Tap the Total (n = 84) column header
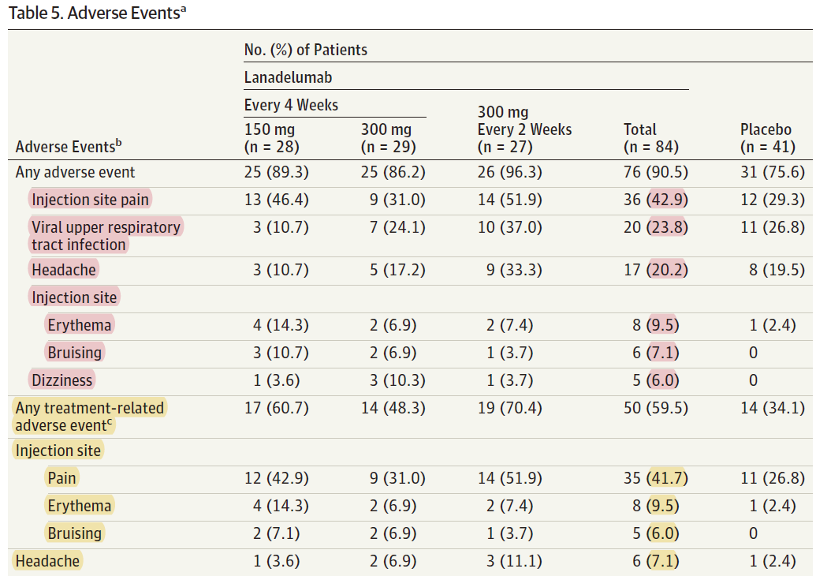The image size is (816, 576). pos(650,138)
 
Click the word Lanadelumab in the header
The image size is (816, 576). pos(288,77)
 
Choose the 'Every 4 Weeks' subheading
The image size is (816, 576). pos(291,105)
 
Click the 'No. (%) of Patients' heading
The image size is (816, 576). pos(306,50)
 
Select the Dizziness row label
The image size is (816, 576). pos(62,380)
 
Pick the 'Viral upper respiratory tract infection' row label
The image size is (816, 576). pos(106,236)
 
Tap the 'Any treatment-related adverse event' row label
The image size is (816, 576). pos(90,417)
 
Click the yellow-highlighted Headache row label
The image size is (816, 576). pos(47,561)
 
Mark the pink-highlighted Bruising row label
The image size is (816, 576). pos(75,352)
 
